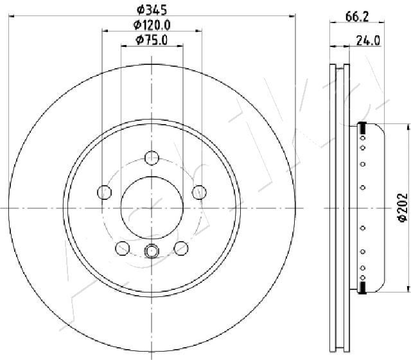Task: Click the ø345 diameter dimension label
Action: [152, 10]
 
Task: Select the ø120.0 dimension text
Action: [152, 25]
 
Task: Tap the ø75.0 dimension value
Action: [152, 40]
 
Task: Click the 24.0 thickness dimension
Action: [368, 40]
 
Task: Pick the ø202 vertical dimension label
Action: [403, 208]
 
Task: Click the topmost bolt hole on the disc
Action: [152, 158]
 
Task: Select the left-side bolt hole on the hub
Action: [104, 192]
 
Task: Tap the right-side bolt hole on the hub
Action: [199, 192]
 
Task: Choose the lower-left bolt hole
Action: [123, 248]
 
